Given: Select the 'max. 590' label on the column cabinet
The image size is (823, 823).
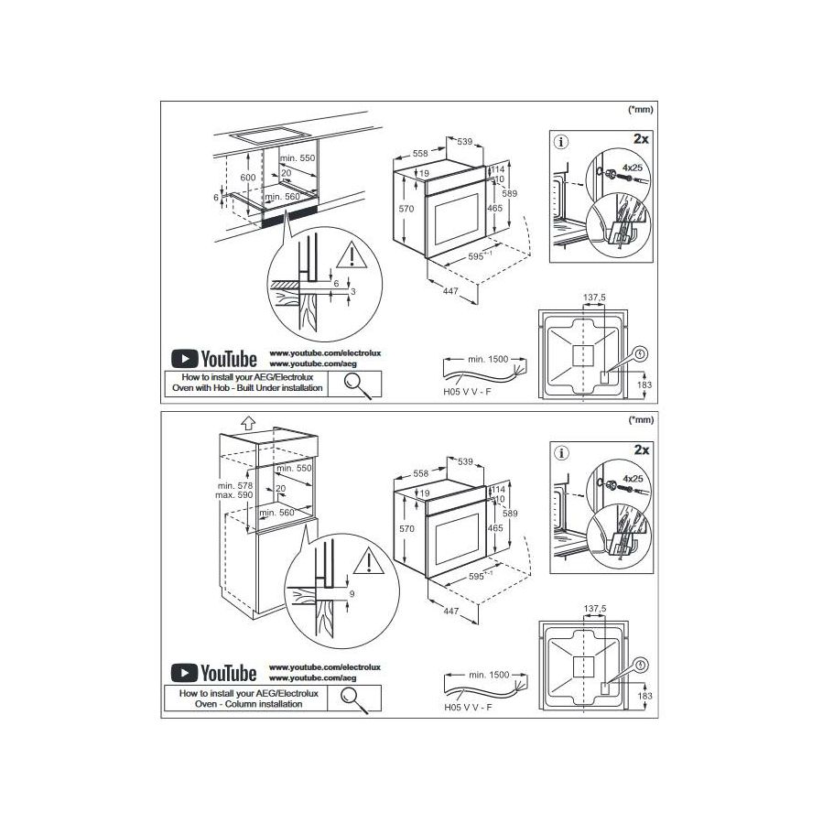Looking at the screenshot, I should pos(234,494).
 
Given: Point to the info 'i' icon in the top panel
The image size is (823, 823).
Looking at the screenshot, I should pos(562,142).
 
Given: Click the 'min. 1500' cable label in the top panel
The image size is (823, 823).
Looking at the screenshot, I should pos(488,359).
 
